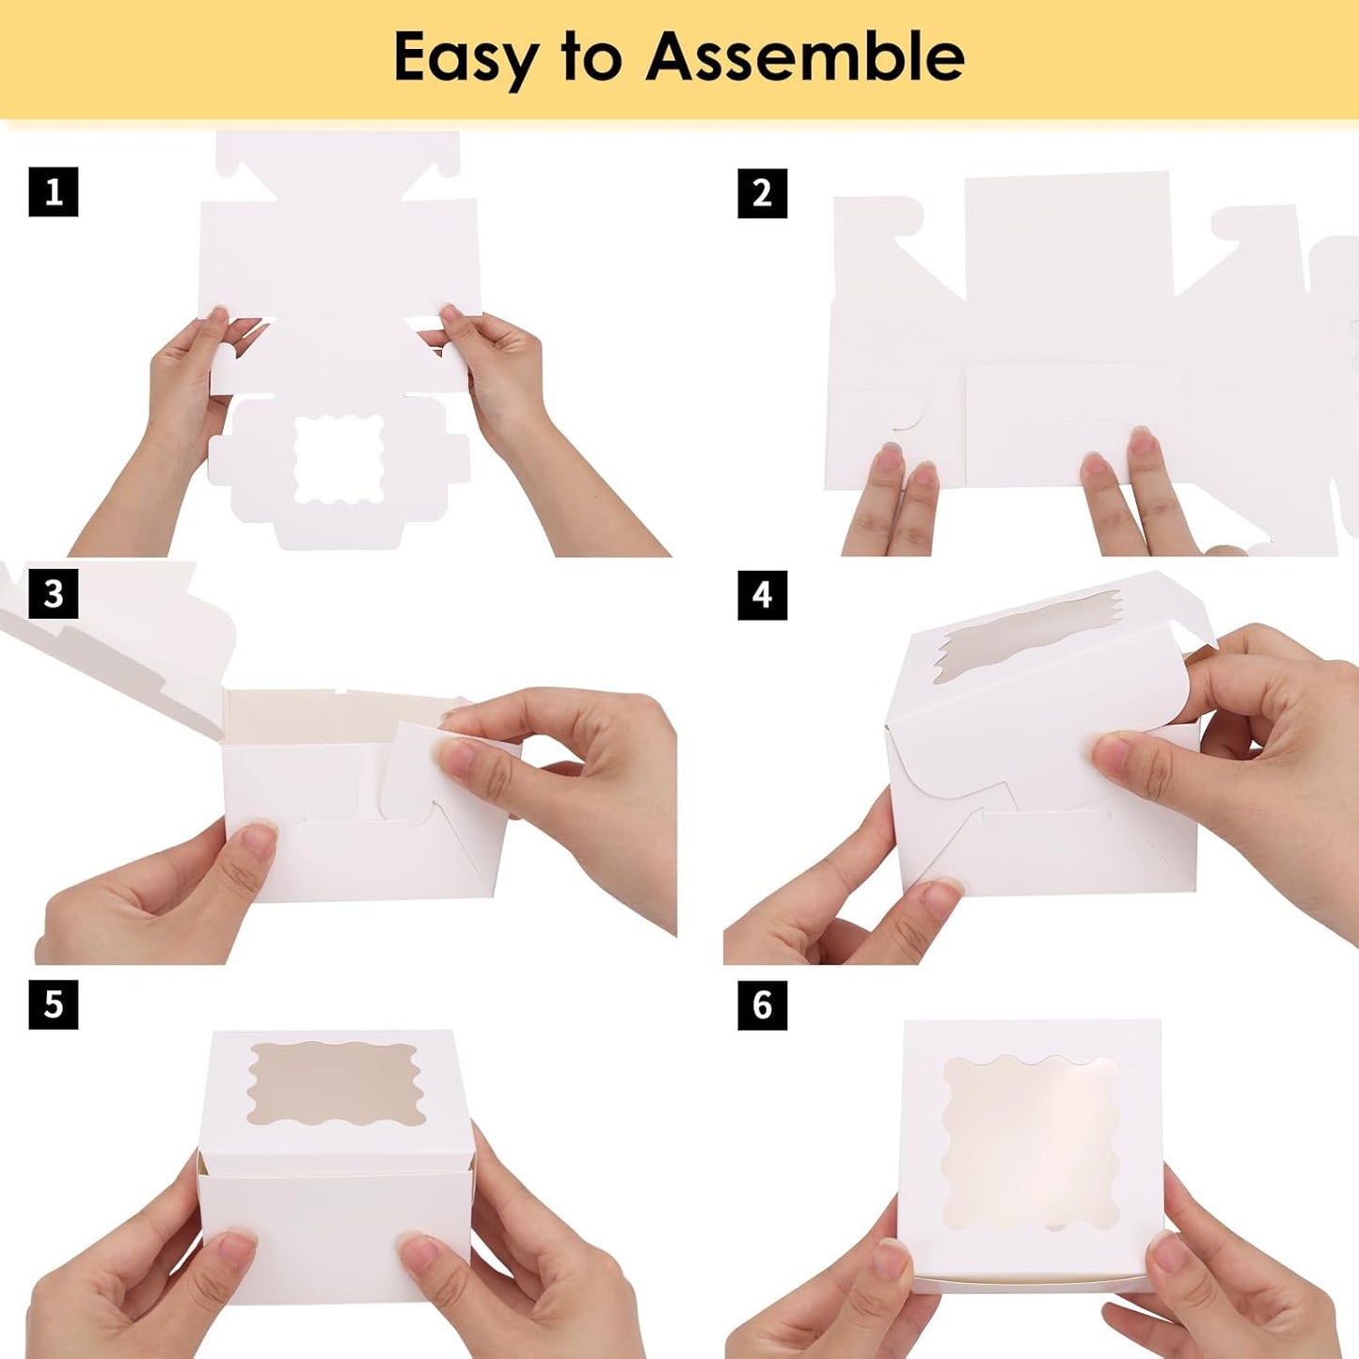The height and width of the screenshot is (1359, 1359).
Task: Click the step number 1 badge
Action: [x=54, y=192]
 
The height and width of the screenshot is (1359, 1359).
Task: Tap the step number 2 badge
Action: [x=763, y=193]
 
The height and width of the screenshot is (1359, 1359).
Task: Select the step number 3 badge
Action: [x=54, y=593]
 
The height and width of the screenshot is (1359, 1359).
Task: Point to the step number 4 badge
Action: [x=763, y=595]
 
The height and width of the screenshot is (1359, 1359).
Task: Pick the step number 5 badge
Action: [x=54, y=1004]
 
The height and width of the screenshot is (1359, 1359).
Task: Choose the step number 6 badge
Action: [x=763, y=1004]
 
